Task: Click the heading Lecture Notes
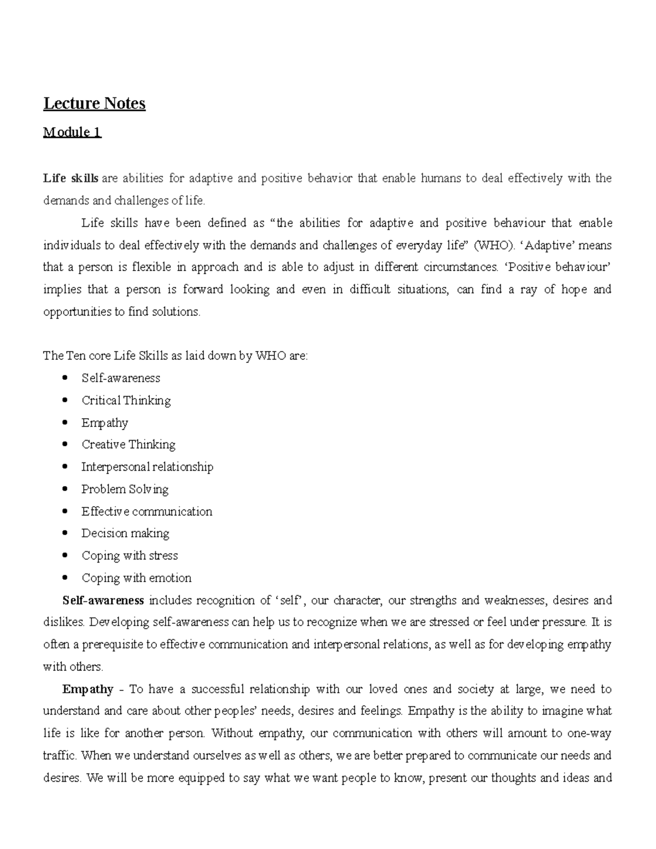point(94,103)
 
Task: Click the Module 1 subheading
point(72,132)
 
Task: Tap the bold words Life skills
point(71,178)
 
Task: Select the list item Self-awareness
point(121,378)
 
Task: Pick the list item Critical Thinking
point(126,401)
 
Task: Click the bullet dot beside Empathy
point(66,422)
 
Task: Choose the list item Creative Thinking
point(128,444)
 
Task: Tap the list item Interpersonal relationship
point(147,467)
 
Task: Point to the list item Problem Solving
point(125,489)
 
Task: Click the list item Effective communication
point(147,512)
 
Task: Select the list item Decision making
point(125,534)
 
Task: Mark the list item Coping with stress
point(130,556)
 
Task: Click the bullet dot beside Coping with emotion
point(66,577)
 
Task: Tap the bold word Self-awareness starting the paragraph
point(103,601)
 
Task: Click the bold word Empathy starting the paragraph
point(87,689)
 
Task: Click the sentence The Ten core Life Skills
point(175,356)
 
